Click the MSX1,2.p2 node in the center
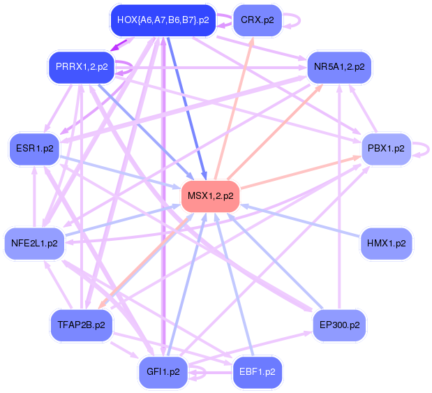tap(210, 195)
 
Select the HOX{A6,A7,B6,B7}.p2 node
tap(163, 20)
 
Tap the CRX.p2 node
tap(256, 20)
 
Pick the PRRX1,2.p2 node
tap(81, 67)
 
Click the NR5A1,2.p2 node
tap(339, 67)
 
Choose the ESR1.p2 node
tap(33, 149)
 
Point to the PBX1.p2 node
tap(386, 149)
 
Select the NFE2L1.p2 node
tap(33, 244)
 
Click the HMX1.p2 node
tap(387, 244)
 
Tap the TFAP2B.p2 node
tap(81, 325)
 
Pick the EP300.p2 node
tap(339, 325)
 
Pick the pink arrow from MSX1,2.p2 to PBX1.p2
tap(300, 172)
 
